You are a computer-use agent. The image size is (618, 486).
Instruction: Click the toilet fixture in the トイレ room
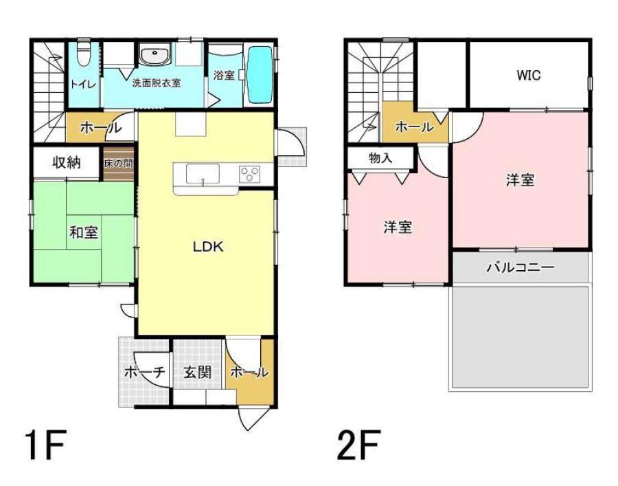click(x=83, y=54)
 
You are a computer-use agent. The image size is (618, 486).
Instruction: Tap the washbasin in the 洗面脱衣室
click(x=155, y=56)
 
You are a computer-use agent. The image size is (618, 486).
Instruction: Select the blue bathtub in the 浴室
click(x=260, y=75)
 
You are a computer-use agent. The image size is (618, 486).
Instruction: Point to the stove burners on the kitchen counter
click(x=250, y=174)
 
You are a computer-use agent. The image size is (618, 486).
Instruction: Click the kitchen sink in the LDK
click(x=203, y=173)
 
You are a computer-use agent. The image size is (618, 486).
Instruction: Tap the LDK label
click(x=207, y=247)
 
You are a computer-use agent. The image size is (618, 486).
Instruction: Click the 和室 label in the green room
click(x=84, y=232)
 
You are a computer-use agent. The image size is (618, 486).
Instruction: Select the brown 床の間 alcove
click(x=119, y=164)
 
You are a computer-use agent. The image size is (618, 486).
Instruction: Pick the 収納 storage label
click(x=66, y=162)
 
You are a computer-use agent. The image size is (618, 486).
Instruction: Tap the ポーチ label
click(x=144, y=372)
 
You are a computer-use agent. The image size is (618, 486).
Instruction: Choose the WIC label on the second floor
click(x=529, y=76)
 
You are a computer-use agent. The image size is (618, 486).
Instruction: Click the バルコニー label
click(x=520, y=268)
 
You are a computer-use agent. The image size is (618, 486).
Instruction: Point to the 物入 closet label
click(x=380, y=158)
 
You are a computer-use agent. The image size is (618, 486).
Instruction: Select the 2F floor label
click(x=358, y=445)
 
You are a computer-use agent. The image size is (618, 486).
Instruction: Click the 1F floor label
click(x=45, y=445)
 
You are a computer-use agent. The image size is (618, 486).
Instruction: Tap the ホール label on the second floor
click(x=414, y=127)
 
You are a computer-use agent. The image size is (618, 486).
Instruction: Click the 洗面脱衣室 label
click(x=157, y=83)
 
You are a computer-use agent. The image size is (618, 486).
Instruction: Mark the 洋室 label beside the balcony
click(x=520, y=180)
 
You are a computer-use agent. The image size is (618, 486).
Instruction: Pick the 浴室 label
click(x=224, y=75)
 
